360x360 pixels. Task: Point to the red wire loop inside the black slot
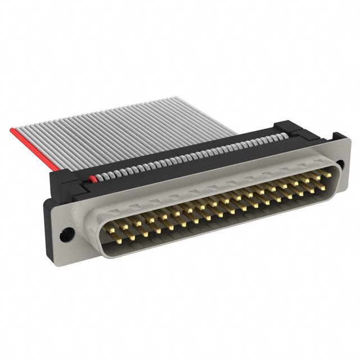click(x=92, y=179)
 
